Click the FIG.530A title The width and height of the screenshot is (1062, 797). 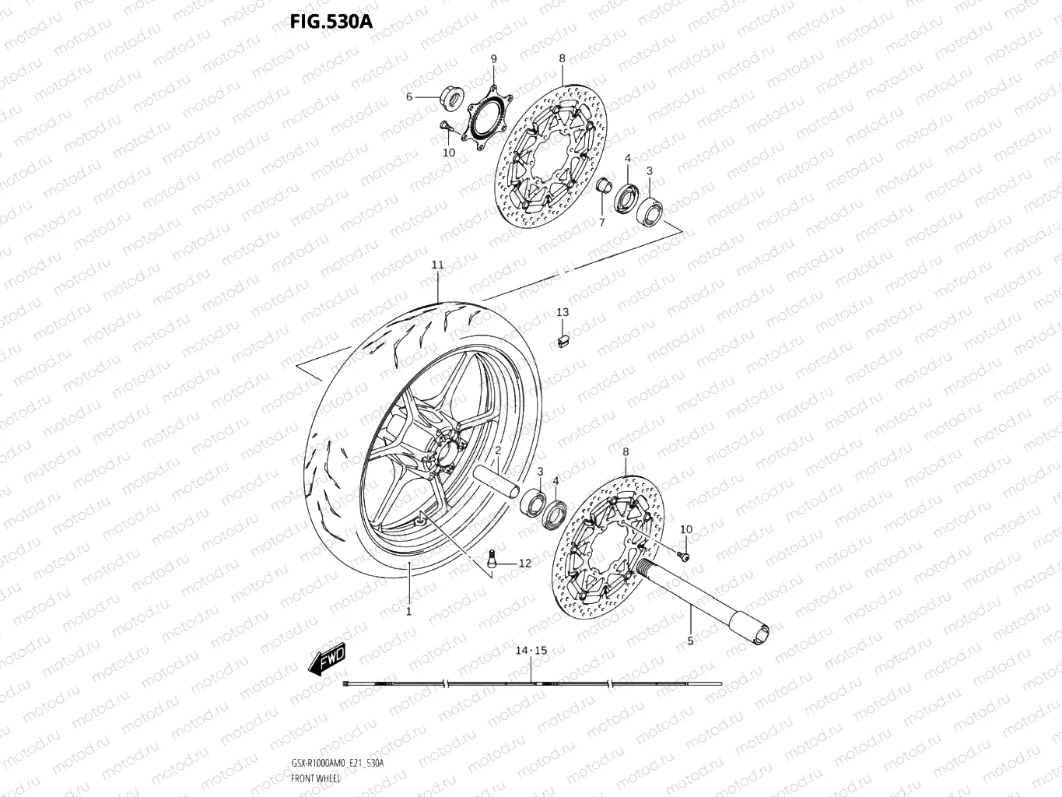click(331, 22)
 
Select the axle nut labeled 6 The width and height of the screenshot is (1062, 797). click(449, 98)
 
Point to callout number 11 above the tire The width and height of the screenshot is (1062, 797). click(437, 265)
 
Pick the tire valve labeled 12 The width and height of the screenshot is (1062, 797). click(492, 557)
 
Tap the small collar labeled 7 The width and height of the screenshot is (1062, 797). click(601, 187)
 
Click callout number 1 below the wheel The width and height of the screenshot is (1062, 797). click(408, 612)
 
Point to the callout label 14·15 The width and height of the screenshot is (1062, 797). click(531, 650)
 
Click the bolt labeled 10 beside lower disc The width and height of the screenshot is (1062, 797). click(682, 555)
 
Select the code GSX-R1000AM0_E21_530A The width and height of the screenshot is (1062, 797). click(337, 763)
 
